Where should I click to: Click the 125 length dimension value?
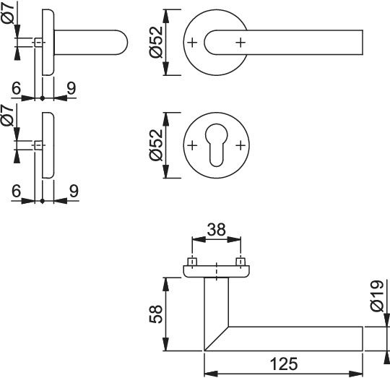(x=284, y=364)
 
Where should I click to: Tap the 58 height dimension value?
(x=156, y=314)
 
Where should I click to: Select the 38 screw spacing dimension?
(x=217, y=229)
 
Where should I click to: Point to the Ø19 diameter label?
(x=377, y=296)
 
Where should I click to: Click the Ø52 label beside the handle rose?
(x=156, y=42)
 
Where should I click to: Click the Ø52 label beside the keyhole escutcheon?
(x=156, y=145)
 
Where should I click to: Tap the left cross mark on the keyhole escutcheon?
(x=192, y=145)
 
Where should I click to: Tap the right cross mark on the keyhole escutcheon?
(x=240, y=145)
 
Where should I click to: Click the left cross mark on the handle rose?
(x=192, y=43)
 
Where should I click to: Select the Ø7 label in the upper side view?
(x=9, y=14)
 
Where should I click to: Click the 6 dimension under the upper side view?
(x=17, y=89)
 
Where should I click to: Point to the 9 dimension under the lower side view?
(x=74, y=191)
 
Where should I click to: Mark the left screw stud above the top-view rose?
(x=192, y=262)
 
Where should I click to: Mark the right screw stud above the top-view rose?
(x=240, y=262)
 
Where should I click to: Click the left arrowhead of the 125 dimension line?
(x=211, y=374)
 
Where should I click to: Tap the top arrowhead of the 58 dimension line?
(x=166, y=285)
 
